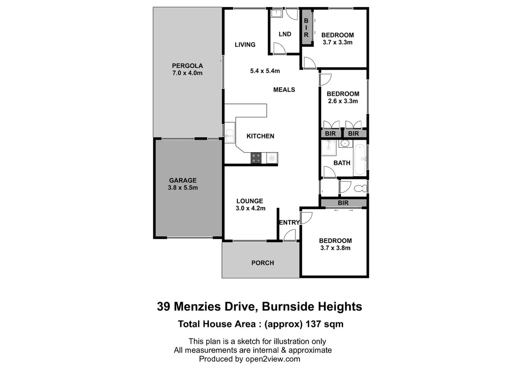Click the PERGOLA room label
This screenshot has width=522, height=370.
(x=187, y=65)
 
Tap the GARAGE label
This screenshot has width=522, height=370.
(x=183, y=180)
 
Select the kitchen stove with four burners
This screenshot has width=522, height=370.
(x=256, y=158)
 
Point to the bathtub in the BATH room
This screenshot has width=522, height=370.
(x=360, y=160)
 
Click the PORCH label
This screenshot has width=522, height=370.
(x=263, y=263)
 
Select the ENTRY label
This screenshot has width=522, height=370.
(x=289, y=222)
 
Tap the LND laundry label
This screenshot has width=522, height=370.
(x=285, y=34)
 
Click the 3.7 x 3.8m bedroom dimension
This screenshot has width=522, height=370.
(x=335, y=248)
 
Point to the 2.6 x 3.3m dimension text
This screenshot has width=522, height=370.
(x=343, y=101)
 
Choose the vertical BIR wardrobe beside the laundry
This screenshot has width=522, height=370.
(x=306, y=27)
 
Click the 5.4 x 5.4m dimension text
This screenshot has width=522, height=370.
(x=265, y=71)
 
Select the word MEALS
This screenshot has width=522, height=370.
(x=284, y=90)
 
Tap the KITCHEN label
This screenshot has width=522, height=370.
(x=260, y=136)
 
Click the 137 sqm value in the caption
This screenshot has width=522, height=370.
(x=324, y=324)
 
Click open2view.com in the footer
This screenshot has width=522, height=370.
(x=272, y=359)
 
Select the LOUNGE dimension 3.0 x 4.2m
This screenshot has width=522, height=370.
(x=250, y=208)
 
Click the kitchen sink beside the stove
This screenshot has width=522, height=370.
(x=272, y=158)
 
